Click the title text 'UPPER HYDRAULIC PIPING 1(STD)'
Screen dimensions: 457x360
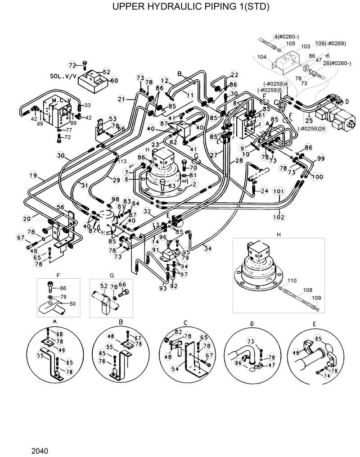(x=180, y=8)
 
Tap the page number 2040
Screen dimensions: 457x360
(x=40, y=451)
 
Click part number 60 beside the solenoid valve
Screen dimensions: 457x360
(x=114, y=81)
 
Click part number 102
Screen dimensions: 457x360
(x=279, y=217)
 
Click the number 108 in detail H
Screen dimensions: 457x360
(x=307, y=290)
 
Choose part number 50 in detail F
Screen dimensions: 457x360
(x=72, y=303)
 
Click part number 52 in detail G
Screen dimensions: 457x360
(x=103, y=286)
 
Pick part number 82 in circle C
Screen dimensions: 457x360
(x=179, y=332)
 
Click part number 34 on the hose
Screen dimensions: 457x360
(x=207, y=248)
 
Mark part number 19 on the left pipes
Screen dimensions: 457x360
(x=33, y=175)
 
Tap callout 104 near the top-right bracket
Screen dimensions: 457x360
(x=262, y=57)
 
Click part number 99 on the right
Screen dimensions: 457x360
(x=320, y=158)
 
